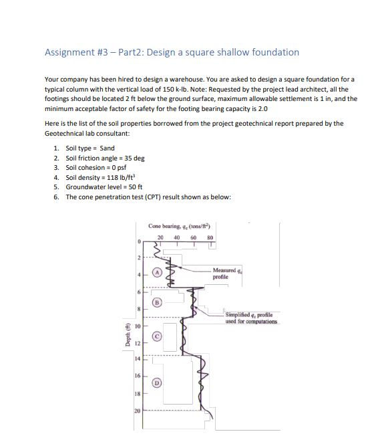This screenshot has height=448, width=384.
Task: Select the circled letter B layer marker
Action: [158, 302]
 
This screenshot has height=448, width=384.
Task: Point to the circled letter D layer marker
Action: [158, 384]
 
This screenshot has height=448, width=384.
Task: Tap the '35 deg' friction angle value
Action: [133, 158]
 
